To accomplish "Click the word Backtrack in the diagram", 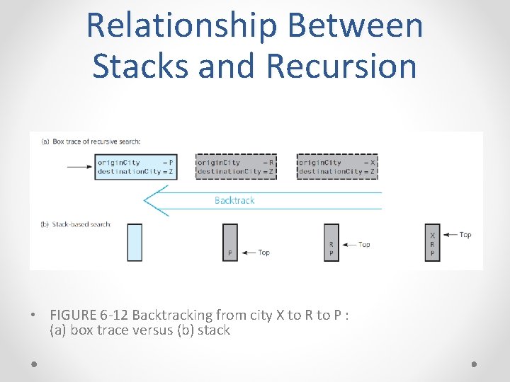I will click(x=234, y=200).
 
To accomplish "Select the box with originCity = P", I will click(x=135, y=167).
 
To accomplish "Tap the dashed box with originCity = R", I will click(x=236, y=167).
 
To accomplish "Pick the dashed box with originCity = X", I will click(x=337, y=167).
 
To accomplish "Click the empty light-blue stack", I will click(x=135, y=242).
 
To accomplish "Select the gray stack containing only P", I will click(x=230, y=242).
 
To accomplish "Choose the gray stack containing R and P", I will click(x=331, y=242).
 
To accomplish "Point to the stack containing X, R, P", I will click(x=433, y=242).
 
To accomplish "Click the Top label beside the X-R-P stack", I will click(x=465, y=235).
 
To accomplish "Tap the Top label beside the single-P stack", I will click(x=263, y=253).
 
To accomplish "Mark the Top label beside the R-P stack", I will click(x=364, y=245).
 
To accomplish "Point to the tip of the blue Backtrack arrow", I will click(x=146, y=200).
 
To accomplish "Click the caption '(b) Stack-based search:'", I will click(x=76, y=224).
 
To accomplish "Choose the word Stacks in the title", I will click(x=142, y=66).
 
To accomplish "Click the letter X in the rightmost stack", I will click(x=433, y=235).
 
